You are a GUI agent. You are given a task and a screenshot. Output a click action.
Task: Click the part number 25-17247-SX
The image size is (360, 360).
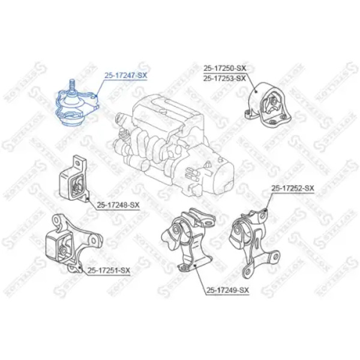[x=125, y=76]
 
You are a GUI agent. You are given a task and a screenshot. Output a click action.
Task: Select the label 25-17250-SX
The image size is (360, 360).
[x=224, y=68]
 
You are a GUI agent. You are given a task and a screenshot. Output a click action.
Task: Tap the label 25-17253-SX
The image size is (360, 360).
[x=224, y=78]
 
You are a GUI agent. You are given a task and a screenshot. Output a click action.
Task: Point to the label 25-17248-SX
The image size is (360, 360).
[x=118, y=205]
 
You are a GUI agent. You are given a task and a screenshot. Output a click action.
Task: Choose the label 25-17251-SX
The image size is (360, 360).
[x=109, y=271]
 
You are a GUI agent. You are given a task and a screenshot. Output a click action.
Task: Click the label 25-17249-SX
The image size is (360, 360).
[x=227, y=290]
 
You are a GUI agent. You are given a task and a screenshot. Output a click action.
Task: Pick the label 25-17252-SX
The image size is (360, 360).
[x=293, y=188]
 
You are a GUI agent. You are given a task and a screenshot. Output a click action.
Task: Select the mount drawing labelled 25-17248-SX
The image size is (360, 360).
[x=74, y=178]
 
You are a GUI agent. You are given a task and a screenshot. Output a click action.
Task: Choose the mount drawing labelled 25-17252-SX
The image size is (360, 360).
[x=254, y=243]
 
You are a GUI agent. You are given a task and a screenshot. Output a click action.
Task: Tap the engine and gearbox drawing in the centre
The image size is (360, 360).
[x=174, y=147]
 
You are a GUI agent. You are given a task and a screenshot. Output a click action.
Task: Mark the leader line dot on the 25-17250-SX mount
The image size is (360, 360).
[x=256, y=92]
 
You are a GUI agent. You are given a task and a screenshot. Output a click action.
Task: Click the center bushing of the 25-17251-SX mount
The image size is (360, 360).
[x=62, y=250]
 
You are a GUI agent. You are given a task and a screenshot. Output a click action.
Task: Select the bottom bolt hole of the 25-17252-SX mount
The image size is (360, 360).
[x=247, y=272]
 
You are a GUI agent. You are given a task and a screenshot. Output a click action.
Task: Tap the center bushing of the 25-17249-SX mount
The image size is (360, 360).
[x=176, y=230]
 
